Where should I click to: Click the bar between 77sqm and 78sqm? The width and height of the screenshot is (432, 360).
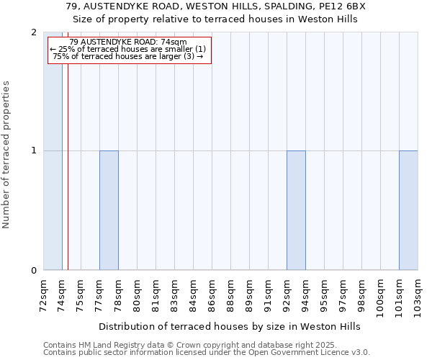[x=109, y=210]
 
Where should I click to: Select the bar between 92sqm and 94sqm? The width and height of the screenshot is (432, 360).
[x=296, y=210]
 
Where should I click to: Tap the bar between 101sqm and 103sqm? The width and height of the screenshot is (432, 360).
[x=408, y=210]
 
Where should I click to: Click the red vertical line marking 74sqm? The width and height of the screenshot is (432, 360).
[x=68, y=180]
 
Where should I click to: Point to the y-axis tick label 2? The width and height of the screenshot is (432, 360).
[x=34, y=32]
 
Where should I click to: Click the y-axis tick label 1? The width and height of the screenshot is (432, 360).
[x=34, y=151]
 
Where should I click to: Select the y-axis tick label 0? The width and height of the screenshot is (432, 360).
[x=34, y=271]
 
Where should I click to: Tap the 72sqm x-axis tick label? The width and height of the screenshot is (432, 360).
[x=43, y=294]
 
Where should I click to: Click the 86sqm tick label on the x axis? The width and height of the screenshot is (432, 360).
[x=212, y=294]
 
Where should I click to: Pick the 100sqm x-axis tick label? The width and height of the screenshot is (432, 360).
[x=380, y=295]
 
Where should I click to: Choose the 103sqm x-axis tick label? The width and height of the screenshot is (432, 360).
[x=418, y=295]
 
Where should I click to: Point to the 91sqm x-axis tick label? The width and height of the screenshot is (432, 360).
[x=268, y=294]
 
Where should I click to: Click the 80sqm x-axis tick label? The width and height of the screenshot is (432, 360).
[x=137, y=294]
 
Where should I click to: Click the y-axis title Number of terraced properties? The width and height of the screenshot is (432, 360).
[x=7, y=155]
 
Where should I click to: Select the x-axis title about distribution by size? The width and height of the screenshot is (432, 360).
[x=229, y=326]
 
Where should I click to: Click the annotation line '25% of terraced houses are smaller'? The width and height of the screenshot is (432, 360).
[x=128, y=49]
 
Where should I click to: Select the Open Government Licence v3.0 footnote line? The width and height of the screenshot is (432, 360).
[x=206, y=353]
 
